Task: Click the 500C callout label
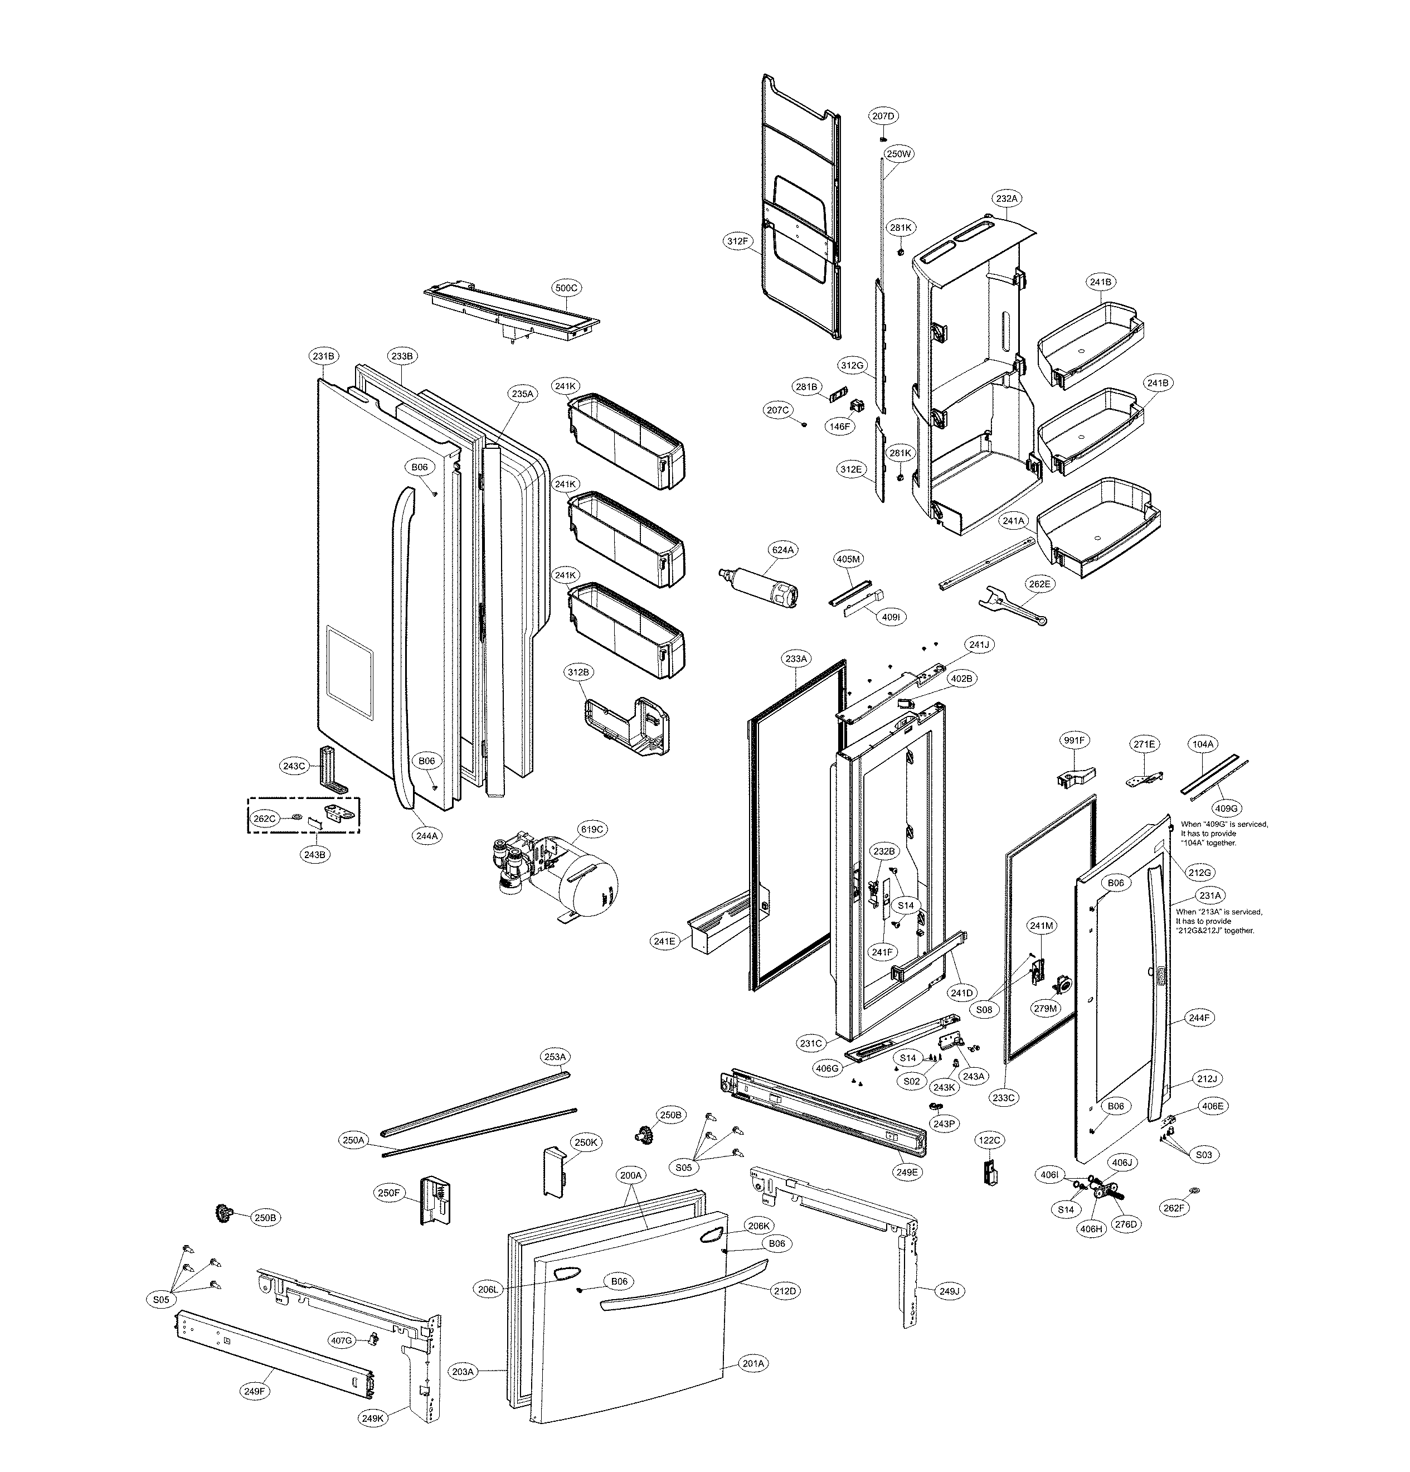pyautogui.click(x=566, y=288)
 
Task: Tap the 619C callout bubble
pyautogui.click(x=592, y=829)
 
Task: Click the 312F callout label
pyautogui.click(x=737, y=241)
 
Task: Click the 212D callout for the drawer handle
pyautogui.click(x=785, y=1291)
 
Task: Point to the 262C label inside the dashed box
pyautogui.click(x=264, y=818)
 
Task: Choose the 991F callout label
pyautogui.click(x=1073, y=740)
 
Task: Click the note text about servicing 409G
pyautogui.click(x=1224, y=833)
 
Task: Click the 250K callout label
pyautogui.click(x=586, y=1142)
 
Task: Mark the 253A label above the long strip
pyautogui.click(x=555, y=1057)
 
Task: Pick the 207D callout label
pyautogui.click(x=884, y=117)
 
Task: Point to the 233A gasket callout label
pyautogui.click(x=796, y=658)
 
